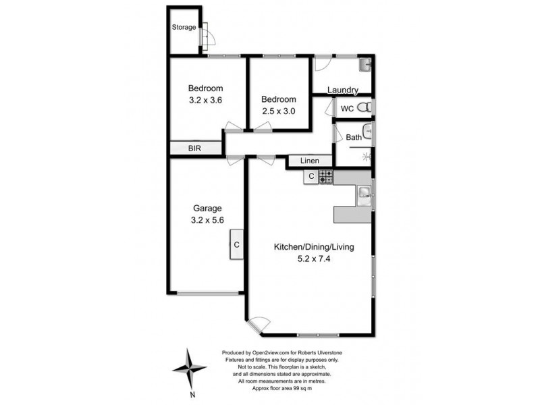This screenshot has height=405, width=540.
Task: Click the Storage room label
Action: click(x=184, y=28)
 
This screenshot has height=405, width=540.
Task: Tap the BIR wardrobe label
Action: click(x=194, y=148)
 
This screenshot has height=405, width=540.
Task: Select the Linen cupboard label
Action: click(x=310, y=161)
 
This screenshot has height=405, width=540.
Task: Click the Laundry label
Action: click(x=342, y=91)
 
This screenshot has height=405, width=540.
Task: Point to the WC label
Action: click(x=347, y=108)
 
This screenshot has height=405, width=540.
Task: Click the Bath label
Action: click(x=354, y=138)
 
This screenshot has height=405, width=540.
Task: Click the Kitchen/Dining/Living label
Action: click(x=313, y=247)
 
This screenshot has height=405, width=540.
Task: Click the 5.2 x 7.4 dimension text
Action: click(x=313, y=259)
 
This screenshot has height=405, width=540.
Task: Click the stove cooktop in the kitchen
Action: click(x=326, y=177)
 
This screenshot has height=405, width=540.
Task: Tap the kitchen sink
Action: click(x=363, y=194)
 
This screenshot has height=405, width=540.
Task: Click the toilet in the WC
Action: click(x=364, y=108)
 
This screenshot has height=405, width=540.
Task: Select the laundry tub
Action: click(x=364, y=65)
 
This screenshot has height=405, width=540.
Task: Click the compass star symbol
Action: click(x=189, y=368)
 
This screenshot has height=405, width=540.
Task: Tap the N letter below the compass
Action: click(x=192, y=394)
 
